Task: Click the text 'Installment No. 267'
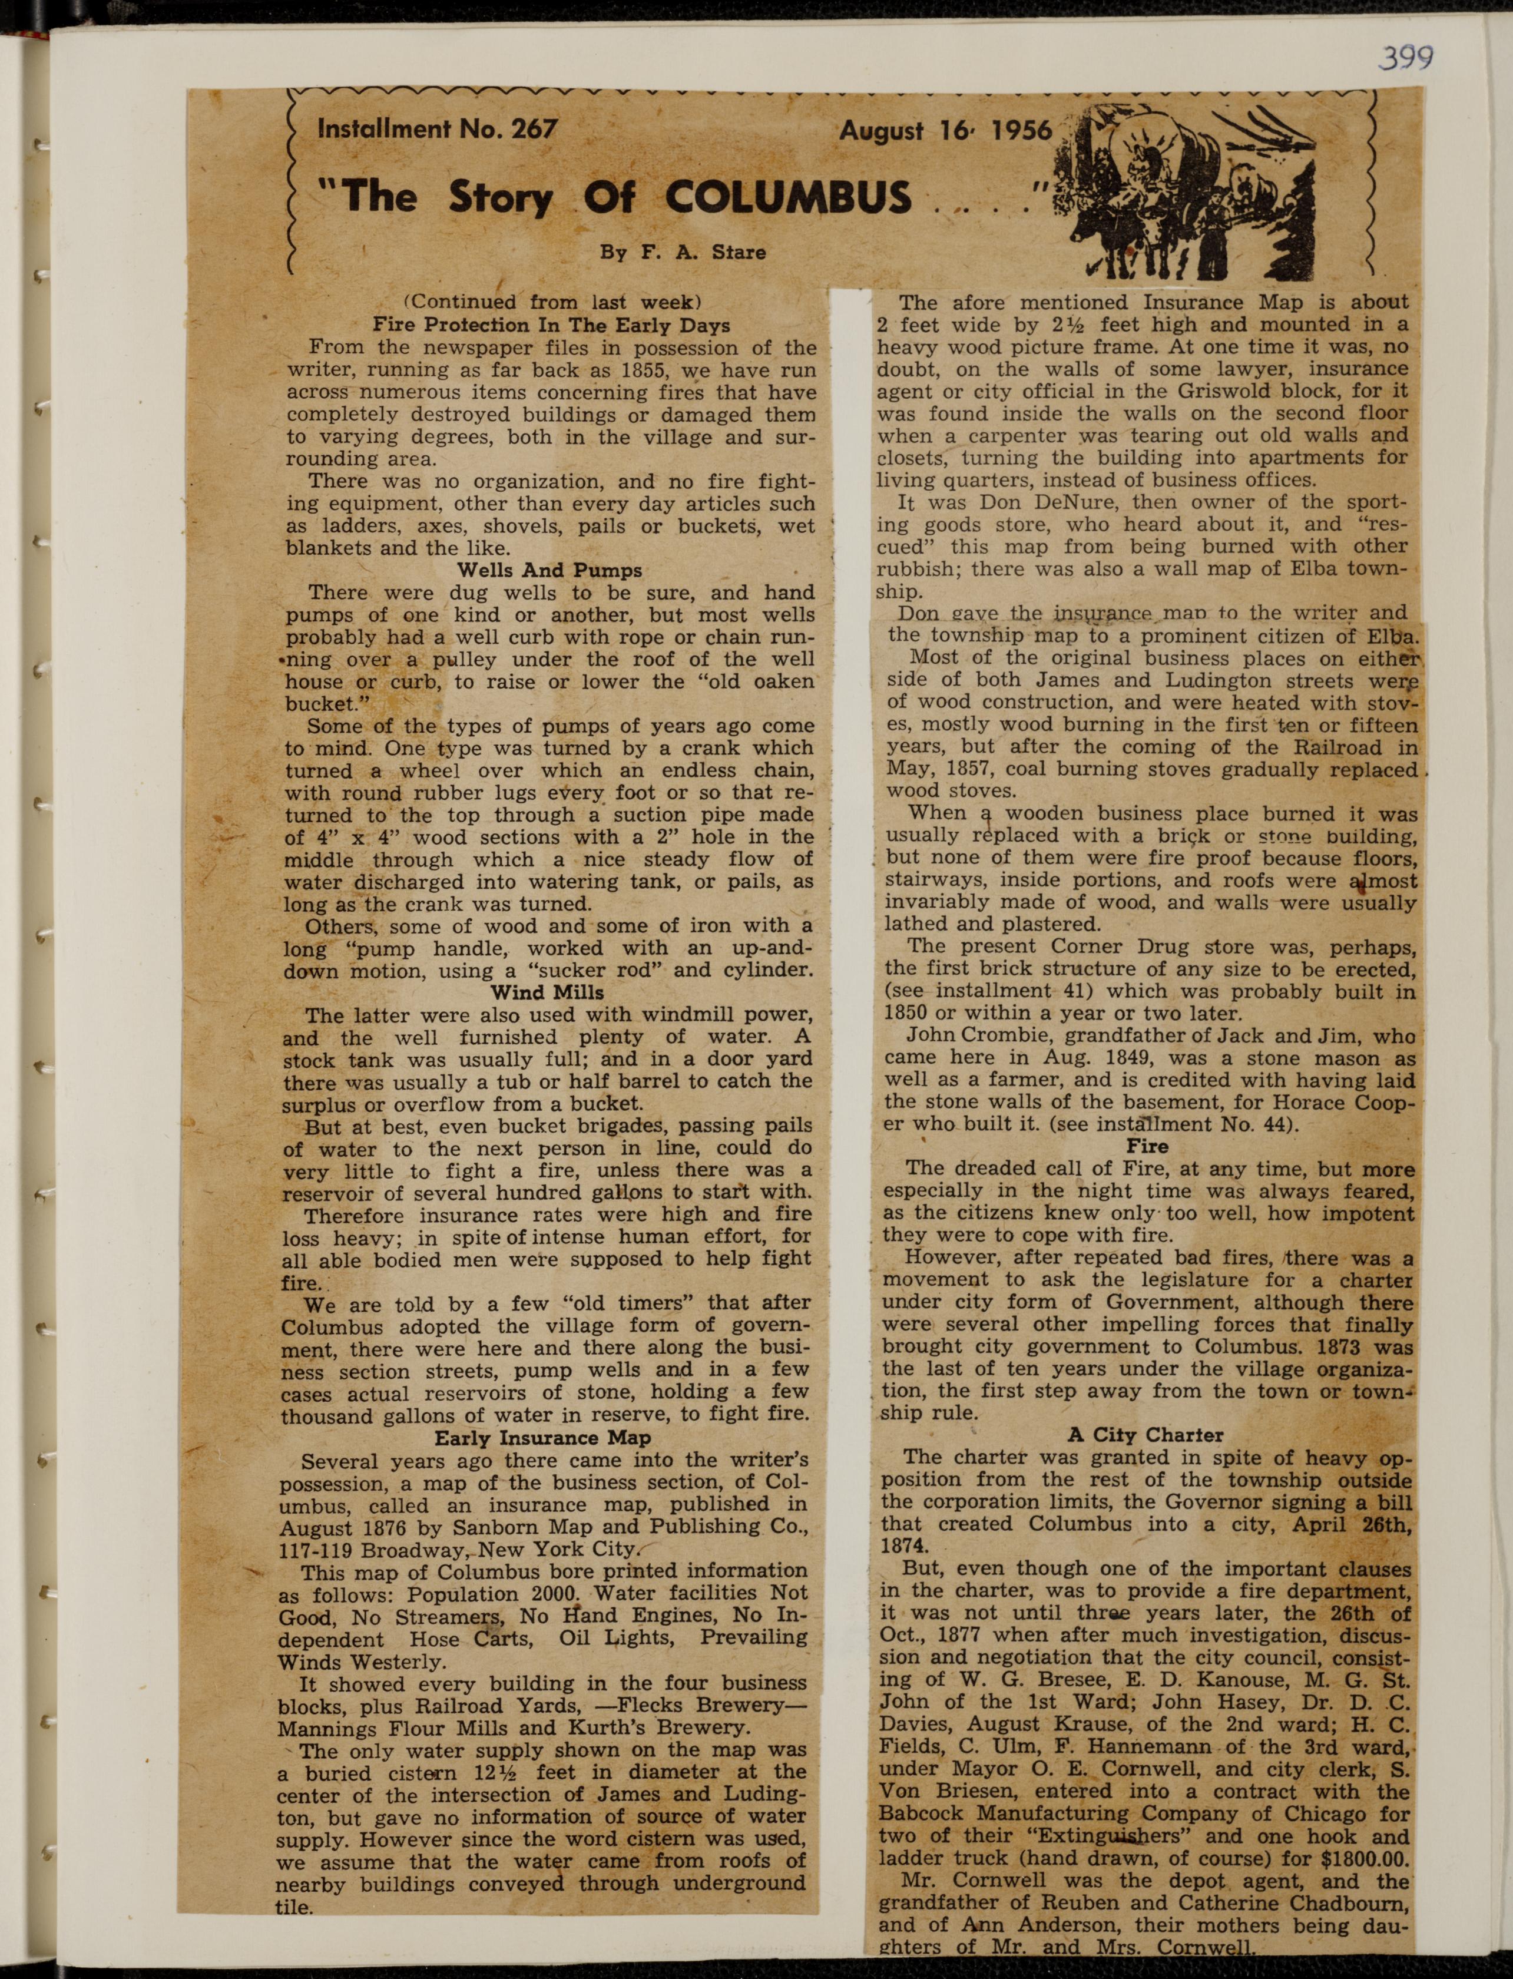[437, 129]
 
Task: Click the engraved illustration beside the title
[1193, 189]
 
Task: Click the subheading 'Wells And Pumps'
[549, 570]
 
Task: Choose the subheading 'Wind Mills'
[547, 992]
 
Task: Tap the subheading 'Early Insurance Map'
[542, 1438]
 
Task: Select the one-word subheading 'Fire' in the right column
[1147, 1147]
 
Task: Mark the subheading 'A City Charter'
[1145, 1435]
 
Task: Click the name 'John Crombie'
[958, 1036]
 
